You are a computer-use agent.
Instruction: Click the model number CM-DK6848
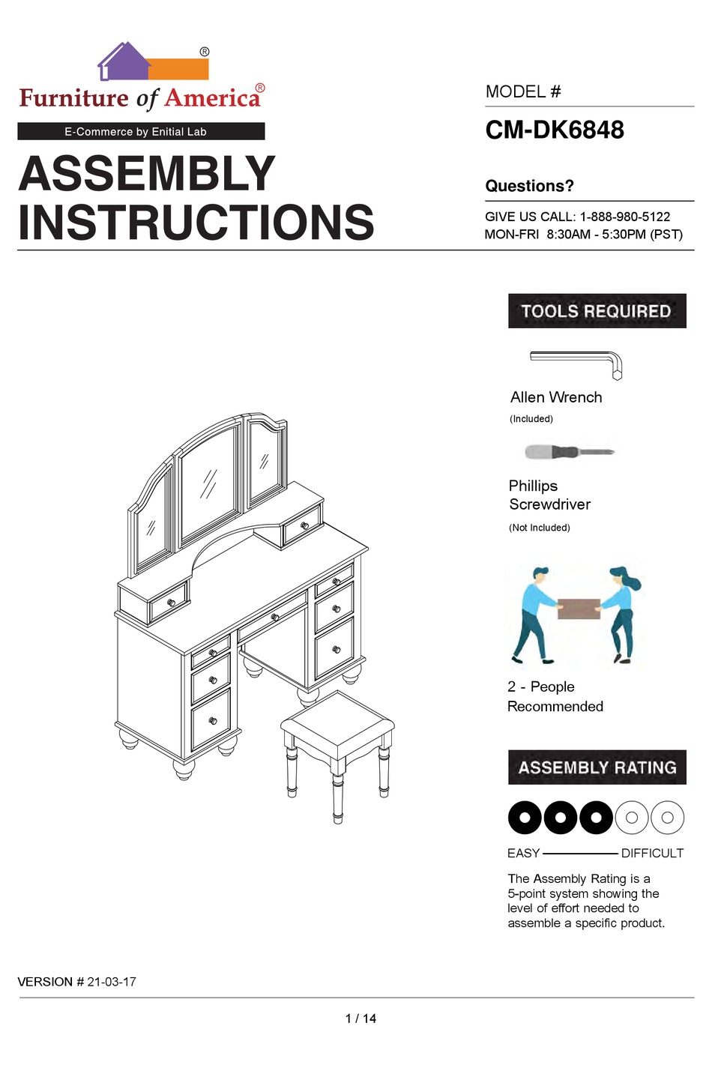coord(555,130)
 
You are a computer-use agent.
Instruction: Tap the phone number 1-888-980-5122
coord(624,217)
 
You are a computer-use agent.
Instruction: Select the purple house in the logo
coord(124,63)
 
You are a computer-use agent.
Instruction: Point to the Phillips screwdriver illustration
coord(570,452)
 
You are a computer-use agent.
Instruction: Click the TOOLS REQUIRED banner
coord(597,311)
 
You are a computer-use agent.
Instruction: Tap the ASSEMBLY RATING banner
coord(597,767)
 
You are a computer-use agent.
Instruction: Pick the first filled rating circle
coord(525,817)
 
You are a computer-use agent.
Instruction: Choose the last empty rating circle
coord(668,817)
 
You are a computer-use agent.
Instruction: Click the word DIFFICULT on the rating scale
coord(652,853)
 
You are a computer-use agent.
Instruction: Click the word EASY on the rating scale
coord(523,853)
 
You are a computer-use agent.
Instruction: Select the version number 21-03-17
coord(112,982)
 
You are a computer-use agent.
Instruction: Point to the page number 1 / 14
coord(360,1019)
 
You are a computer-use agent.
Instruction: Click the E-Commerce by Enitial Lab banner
coord(141,131)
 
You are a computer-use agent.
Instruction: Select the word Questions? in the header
coord(529,186)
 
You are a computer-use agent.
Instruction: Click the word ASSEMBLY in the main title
coord(147,174)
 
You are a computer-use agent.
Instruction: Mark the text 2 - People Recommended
coord(555,696)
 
